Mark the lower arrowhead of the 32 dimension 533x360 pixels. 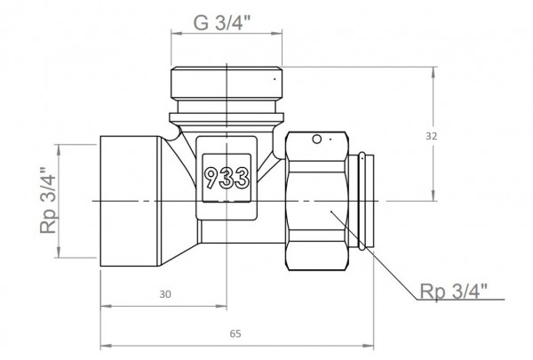(x=434, y=200)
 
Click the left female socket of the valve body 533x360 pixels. (x=129, y=203)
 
